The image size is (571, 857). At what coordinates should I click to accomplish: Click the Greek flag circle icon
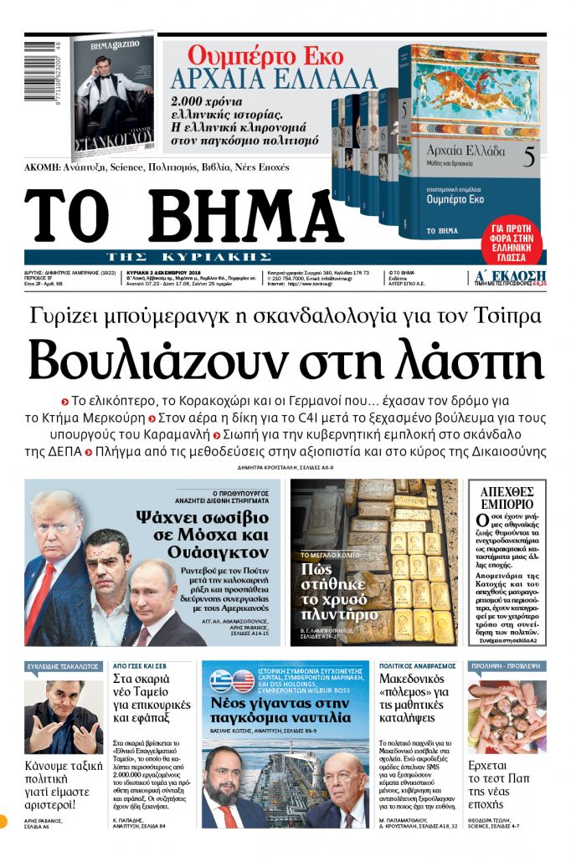click(x=221, y=680)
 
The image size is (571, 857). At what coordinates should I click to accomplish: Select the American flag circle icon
click(x=244, y=680)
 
